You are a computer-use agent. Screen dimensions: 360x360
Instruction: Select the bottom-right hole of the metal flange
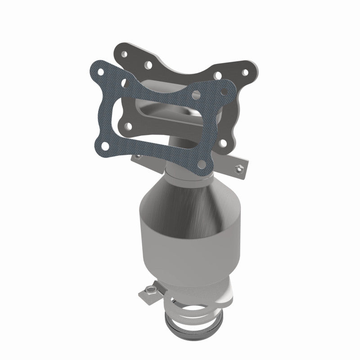223,144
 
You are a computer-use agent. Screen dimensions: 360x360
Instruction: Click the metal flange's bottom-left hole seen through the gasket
128,126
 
